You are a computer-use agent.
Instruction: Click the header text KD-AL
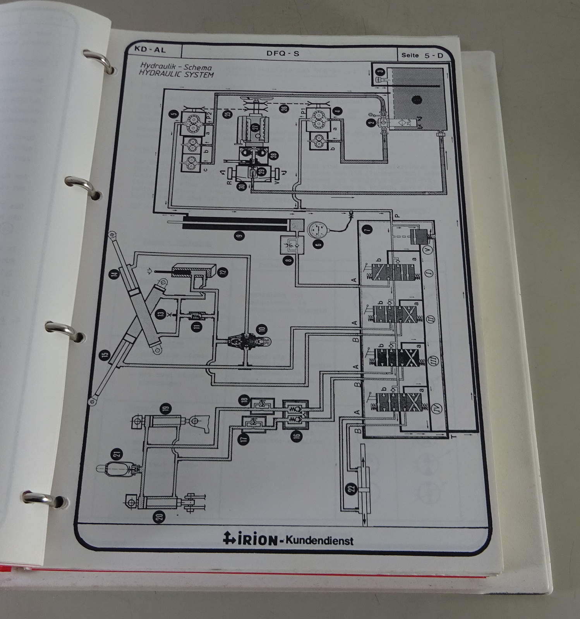[x=150, y=50]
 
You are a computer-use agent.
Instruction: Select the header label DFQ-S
[x=283, y=53]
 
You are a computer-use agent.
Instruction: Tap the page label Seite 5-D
[x=422, y=55]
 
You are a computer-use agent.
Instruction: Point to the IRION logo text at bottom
[x=251, y=539]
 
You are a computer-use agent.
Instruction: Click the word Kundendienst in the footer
[x=319, y=540]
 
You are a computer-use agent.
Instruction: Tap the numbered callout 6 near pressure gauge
[x=319, y=244]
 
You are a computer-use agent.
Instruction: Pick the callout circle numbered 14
[x=114, y=274]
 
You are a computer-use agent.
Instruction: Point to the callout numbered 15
[x=105, y=354]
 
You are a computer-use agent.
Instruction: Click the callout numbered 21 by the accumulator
[x=117, y=454]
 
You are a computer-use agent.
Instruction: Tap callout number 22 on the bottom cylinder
[x=352, y=489]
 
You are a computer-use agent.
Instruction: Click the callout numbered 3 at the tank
[x=381, y=71]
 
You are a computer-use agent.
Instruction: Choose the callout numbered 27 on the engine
[x=255, y=127]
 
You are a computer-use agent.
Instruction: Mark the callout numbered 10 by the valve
[x=262, y=330]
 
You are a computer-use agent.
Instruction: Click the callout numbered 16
[x=297, y=436]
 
